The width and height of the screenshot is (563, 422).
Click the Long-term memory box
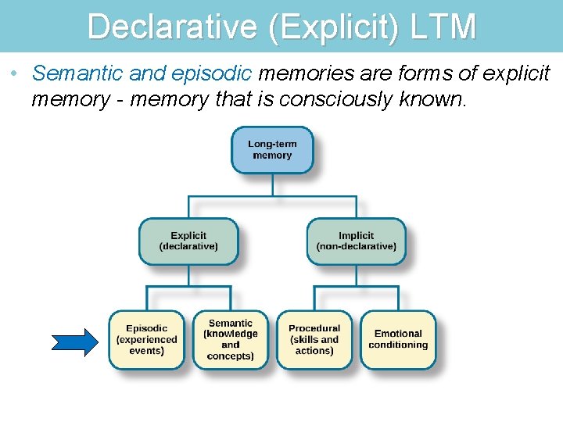coord(272,150)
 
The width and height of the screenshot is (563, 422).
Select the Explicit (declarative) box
coord(188,241)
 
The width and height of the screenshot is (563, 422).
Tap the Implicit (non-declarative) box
coord(356,241)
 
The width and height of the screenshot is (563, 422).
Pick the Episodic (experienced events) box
coord(147,340)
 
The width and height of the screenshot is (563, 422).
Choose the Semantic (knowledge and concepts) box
coord(231,340)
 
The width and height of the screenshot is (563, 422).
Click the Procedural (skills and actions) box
coord(314,340)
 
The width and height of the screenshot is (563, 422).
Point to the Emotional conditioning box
coord(398,340)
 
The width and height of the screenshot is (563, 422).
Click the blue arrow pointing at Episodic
coord(75,341)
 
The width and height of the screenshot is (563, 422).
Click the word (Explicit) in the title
coord(334,27)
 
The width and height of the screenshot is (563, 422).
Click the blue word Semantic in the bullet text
coord(77,74)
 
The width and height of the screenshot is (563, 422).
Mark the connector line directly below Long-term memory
coord(272,184)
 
